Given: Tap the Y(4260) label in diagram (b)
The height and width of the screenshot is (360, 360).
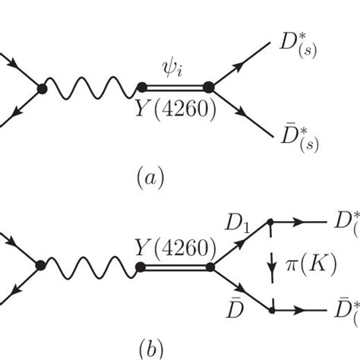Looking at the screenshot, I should click(x=174, y=247).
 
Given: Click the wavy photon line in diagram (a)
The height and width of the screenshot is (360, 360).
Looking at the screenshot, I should click(x=91, y=90).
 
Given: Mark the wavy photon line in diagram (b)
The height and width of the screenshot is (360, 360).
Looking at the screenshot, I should click(x=91, y=266).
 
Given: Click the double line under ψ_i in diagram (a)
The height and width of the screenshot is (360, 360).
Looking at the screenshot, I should click(x=174, y=89).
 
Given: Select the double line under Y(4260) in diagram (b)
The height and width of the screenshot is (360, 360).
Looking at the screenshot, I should click(x=174, y=266).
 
